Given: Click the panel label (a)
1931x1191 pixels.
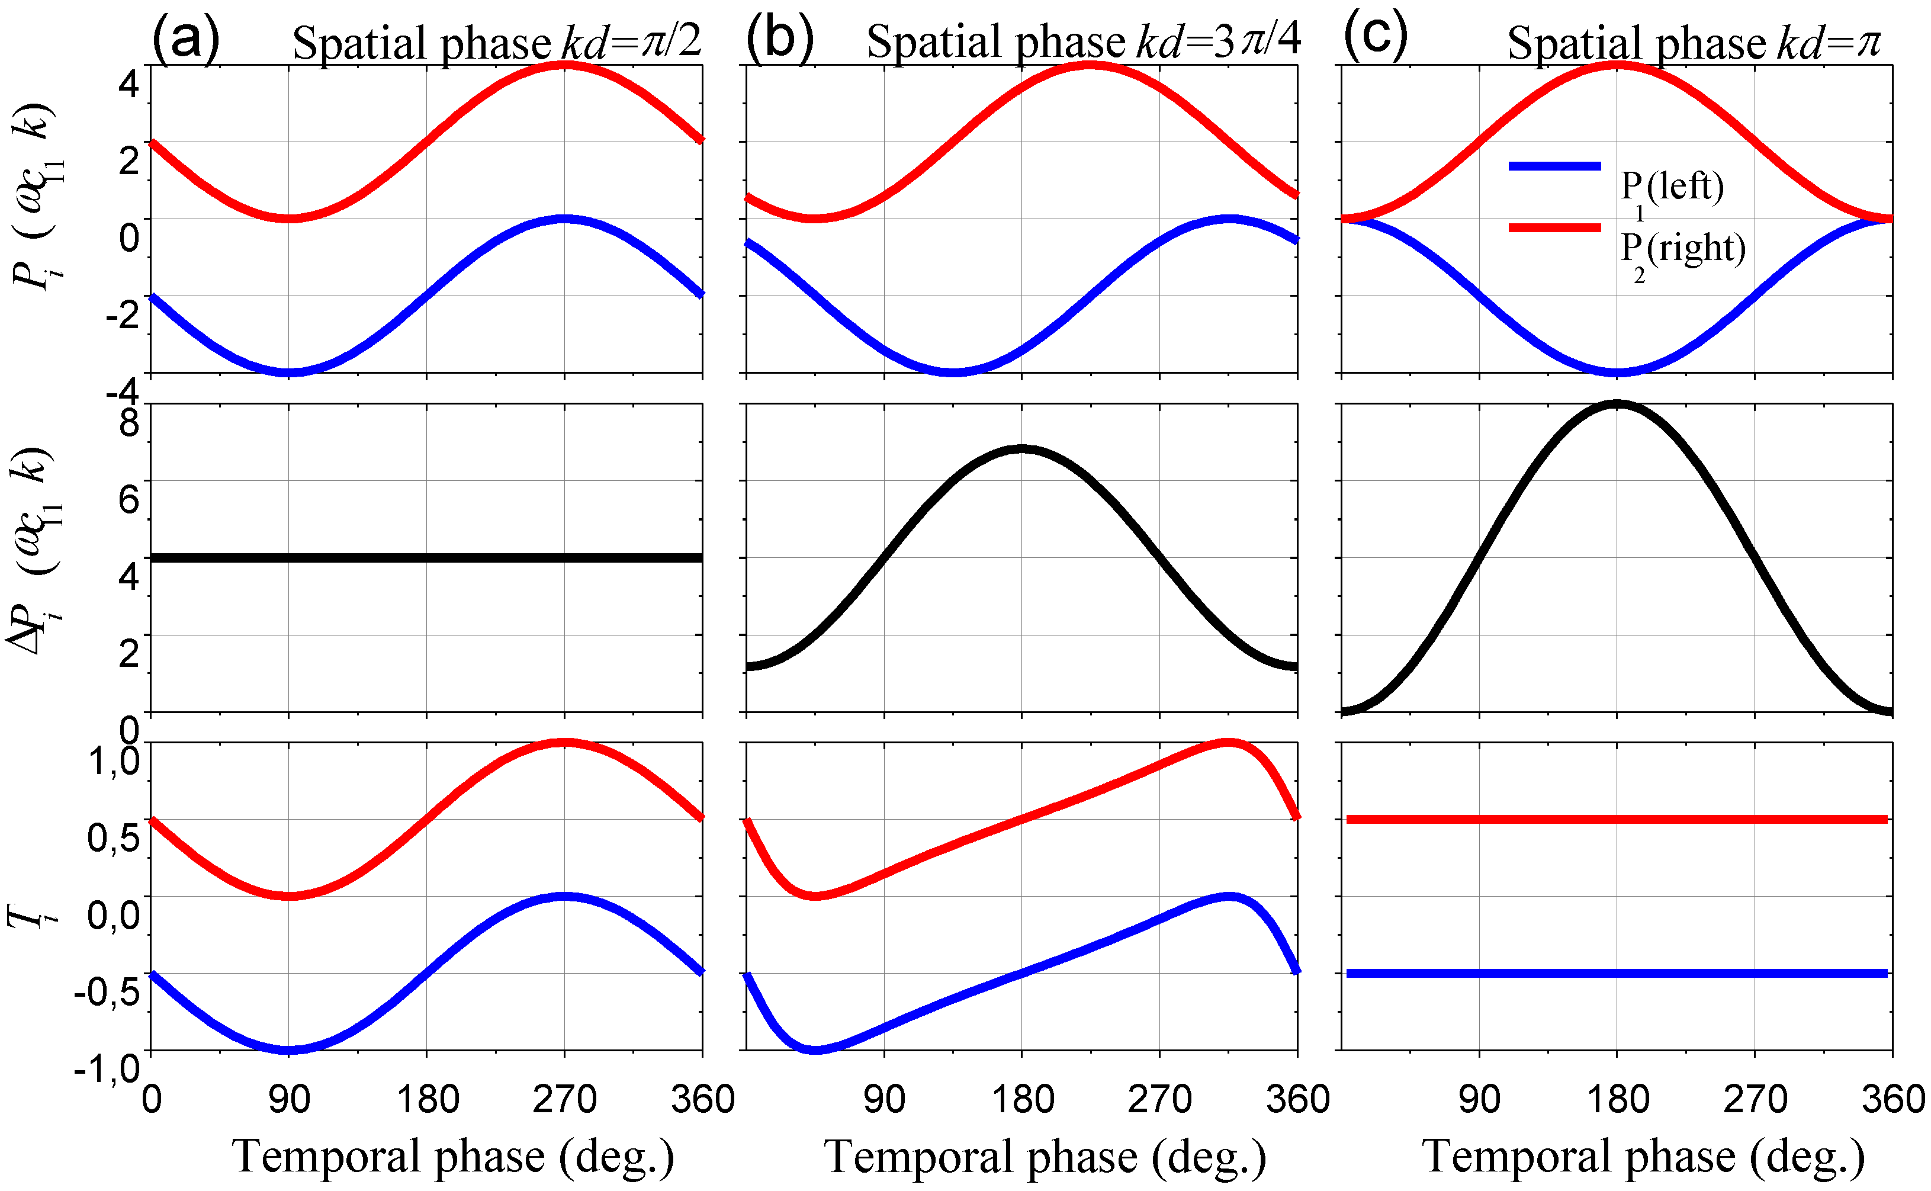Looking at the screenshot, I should click(x=185, y=38).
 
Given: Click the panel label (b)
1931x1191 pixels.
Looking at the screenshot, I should click(x=780, y=38).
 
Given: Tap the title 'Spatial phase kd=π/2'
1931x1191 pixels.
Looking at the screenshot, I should click(x=496, y=43).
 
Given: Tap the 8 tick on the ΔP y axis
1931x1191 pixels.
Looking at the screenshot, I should click(x=128, y=423).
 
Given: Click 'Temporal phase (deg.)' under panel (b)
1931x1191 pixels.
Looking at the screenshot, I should click(x=1045, y=1156).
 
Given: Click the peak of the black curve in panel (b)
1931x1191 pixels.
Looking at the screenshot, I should click(x=1022, y=449).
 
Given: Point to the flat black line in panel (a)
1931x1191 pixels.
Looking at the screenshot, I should click(x=426, y=558).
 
